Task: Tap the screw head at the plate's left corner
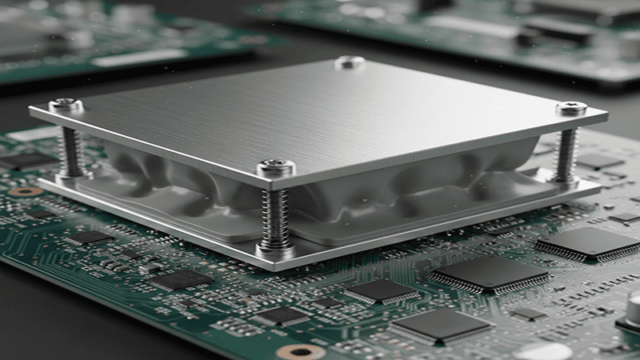coord(66,104)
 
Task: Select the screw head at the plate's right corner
coord(571,107)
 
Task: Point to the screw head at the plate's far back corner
coord(350,62)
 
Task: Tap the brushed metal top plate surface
coord(320,112)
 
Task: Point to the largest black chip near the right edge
coord(588,242)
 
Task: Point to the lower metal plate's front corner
coord(276,264)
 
